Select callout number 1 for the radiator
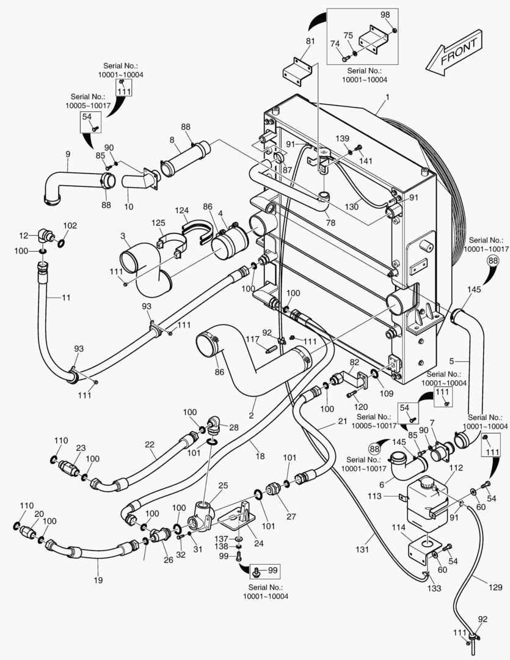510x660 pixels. point(388,97)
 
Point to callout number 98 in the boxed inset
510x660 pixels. point(385,15)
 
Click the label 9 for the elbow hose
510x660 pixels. point(68,155)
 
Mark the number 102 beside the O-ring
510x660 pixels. point(70,226)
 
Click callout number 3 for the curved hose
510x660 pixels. point(123,235)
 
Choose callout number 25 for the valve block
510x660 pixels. point(223,485)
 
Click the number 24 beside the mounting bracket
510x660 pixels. point(259,543)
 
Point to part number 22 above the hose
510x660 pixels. point(150,444)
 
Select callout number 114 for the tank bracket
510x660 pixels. point(398,527)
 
